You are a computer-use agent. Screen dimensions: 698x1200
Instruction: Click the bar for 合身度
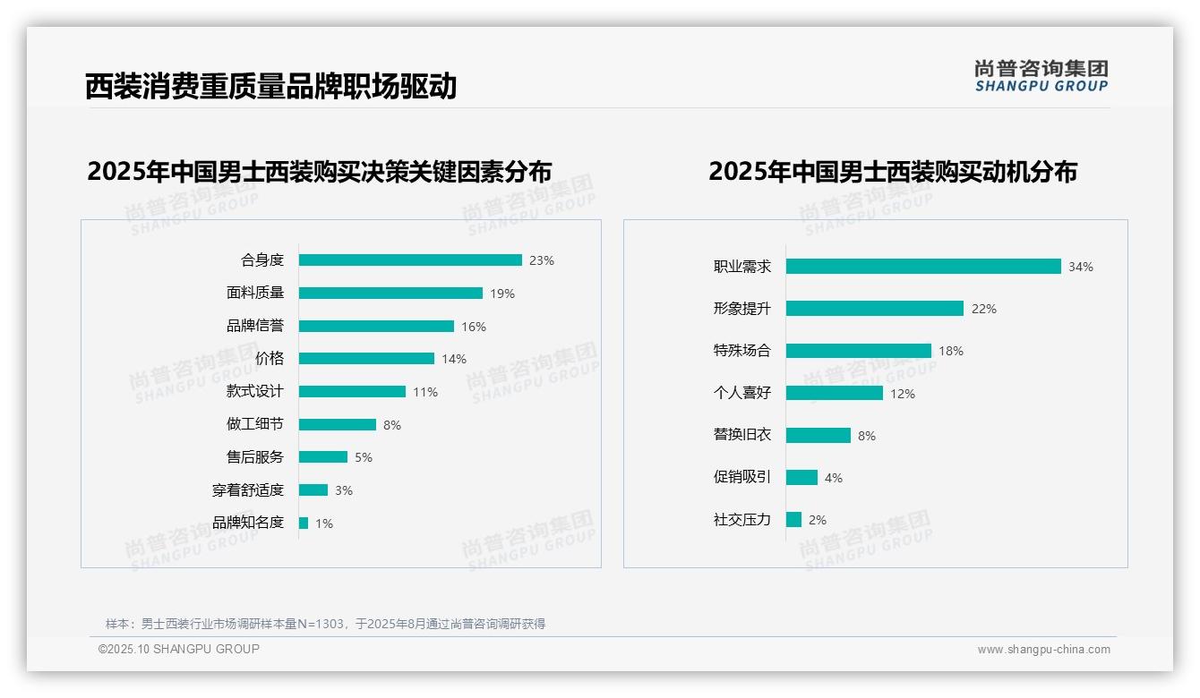click(410, 260)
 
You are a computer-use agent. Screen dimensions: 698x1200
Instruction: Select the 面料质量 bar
click(390, 294)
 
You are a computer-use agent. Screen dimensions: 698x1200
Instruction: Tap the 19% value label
click(502, 294)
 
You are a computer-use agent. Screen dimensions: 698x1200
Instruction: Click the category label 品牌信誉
click(255, 326)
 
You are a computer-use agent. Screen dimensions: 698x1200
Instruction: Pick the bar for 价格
click(366, 359)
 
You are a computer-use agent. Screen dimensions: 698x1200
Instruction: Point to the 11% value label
click(425, 392)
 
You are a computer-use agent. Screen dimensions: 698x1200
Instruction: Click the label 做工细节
click(255, 424)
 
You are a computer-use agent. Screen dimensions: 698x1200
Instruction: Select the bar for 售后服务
click(323, 457)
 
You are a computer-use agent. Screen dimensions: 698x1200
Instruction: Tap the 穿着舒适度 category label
click(248, 490)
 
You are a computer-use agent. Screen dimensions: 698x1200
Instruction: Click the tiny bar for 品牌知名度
click(304, 523)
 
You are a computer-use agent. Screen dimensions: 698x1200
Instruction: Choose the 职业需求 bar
click(923, 267)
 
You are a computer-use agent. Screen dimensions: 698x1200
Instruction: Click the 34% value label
click(1081, 267)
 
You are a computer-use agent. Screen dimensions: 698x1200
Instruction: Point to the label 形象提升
click(742, 308)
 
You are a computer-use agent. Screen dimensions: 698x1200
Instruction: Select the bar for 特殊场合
click(859, 351)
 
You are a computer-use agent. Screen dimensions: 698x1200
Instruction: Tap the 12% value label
click(903, 394)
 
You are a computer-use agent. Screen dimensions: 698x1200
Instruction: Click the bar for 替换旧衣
click(819, 436)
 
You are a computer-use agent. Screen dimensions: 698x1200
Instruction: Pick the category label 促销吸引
click(742, 477)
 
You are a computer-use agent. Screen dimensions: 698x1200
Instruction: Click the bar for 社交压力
click(793, 520)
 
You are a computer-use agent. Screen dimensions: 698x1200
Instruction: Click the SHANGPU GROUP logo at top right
click(1041, 76)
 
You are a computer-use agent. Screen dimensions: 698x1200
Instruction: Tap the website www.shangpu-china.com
click(1043, 650)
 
